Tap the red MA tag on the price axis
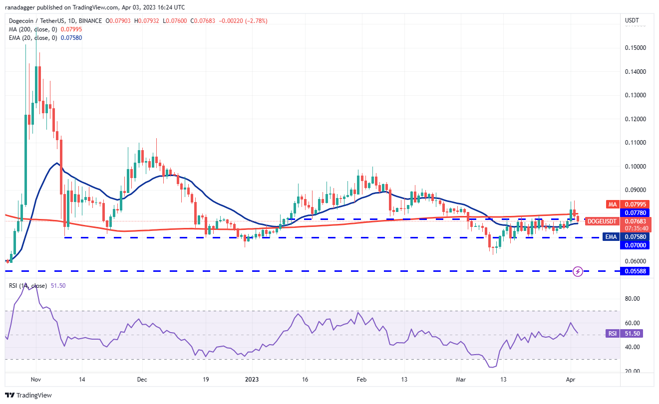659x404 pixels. tap(613, 204)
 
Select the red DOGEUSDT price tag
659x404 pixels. tap(602, 221)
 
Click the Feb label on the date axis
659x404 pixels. tap(362, 380)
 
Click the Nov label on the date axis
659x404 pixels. tap(35, 380)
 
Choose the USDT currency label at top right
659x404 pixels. tap(632, 20)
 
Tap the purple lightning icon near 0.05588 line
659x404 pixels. tap(578, 271)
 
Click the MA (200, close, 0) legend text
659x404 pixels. tap(33, 29)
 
